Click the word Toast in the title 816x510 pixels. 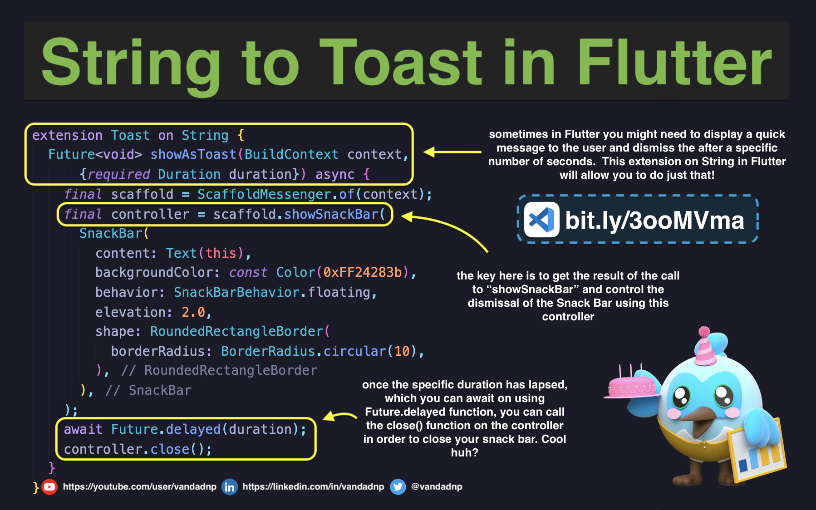pos(401,63)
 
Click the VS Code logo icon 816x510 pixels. pos(541,220)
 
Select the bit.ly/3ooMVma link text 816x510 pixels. pos(654,221)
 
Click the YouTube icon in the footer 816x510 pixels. pos(49,487)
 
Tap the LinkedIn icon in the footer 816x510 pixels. pos(230,487)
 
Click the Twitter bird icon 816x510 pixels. pos(398,487)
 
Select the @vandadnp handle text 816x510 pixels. pos(437,487)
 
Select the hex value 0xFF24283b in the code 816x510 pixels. pos(363,272)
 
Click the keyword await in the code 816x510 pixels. pos(83,429)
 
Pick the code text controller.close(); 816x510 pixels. pos(138,449)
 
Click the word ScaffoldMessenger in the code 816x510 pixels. pos(264,194)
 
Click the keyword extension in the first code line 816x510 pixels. pos(67,135)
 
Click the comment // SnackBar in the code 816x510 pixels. pos(148,390)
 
